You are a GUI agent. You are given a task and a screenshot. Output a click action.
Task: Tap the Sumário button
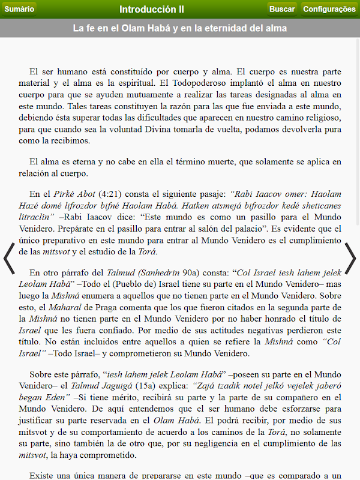(19, 9)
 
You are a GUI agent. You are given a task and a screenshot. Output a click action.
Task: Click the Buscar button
(282, 9)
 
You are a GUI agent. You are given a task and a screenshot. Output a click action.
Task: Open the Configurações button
(329, 9)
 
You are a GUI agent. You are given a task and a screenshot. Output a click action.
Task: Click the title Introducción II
(152, 9)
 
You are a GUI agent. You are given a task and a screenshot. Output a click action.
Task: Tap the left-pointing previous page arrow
(9, 259)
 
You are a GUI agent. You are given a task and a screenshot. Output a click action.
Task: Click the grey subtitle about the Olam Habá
(180, 28)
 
